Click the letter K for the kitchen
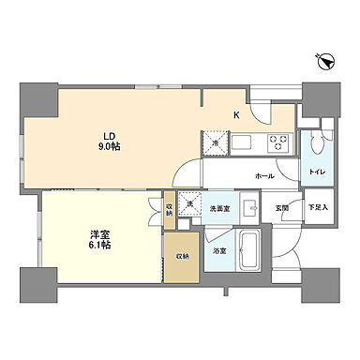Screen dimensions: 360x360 [x=237, y=116]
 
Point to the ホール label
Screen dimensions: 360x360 [x=263, y=175]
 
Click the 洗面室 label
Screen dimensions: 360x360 [x=219, y=208]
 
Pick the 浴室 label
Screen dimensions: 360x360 [x=218, y=251]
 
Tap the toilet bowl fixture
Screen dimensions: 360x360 [x=319, y=141]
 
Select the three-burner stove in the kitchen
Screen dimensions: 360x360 [x=278, y=143]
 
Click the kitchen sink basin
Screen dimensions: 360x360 [x=240, y=143]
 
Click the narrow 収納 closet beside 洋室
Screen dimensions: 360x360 [x=169, y=211]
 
